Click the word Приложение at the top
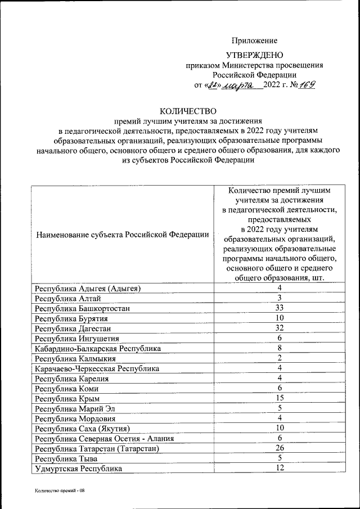coord(255,40)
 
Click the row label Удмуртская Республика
coord(78,469)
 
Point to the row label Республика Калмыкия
coord(75,358)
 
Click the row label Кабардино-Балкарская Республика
coord(98,348)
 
